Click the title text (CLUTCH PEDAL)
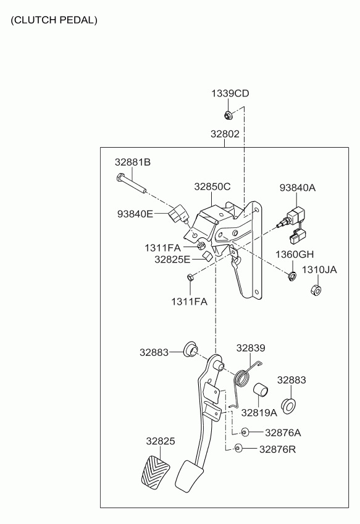[x=54, y=20]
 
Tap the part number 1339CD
[x=230, y=93]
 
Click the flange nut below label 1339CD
[x=228, y=116]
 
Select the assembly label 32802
[x=225, y=134]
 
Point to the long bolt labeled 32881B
[x=130, y=184]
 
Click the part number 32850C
[x=212, y=187]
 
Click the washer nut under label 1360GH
[x=292, y=276]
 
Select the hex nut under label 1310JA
[x=316, y=289]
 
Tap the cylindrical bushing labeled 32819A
[x=261, y=389]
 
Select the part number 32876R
[x=277, y=449]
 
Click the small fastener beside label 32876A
[x=245, y=432]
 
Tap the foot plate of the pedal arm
[x=190, y=476]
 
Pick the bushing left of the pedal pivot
[x=190, y=349]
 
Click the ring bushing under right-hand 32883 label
[x=288, y=406]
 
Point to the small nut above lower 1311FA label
[x=190, y=277]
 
